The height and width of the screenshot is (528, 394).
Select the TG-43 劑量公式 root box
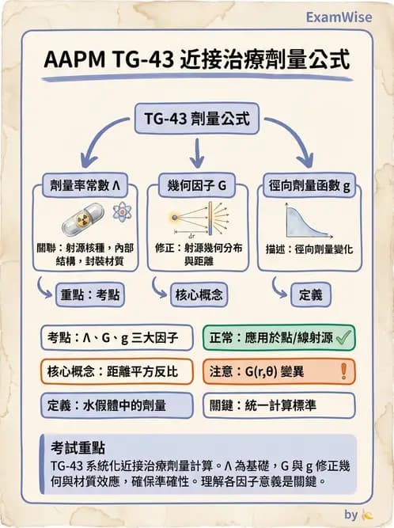(196, 120)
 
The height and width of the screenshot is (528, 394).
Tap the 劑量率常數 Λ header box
(83, 187)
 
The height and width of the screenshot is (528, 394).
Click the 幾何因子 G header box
(197, 187)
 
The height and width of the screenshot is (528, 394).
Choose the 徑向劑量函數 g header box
(309, 187)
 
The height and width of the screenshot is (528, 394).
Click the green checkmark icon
(343, 337)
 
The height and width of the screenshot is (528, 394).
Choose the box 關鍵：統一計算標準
(279, 405)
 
